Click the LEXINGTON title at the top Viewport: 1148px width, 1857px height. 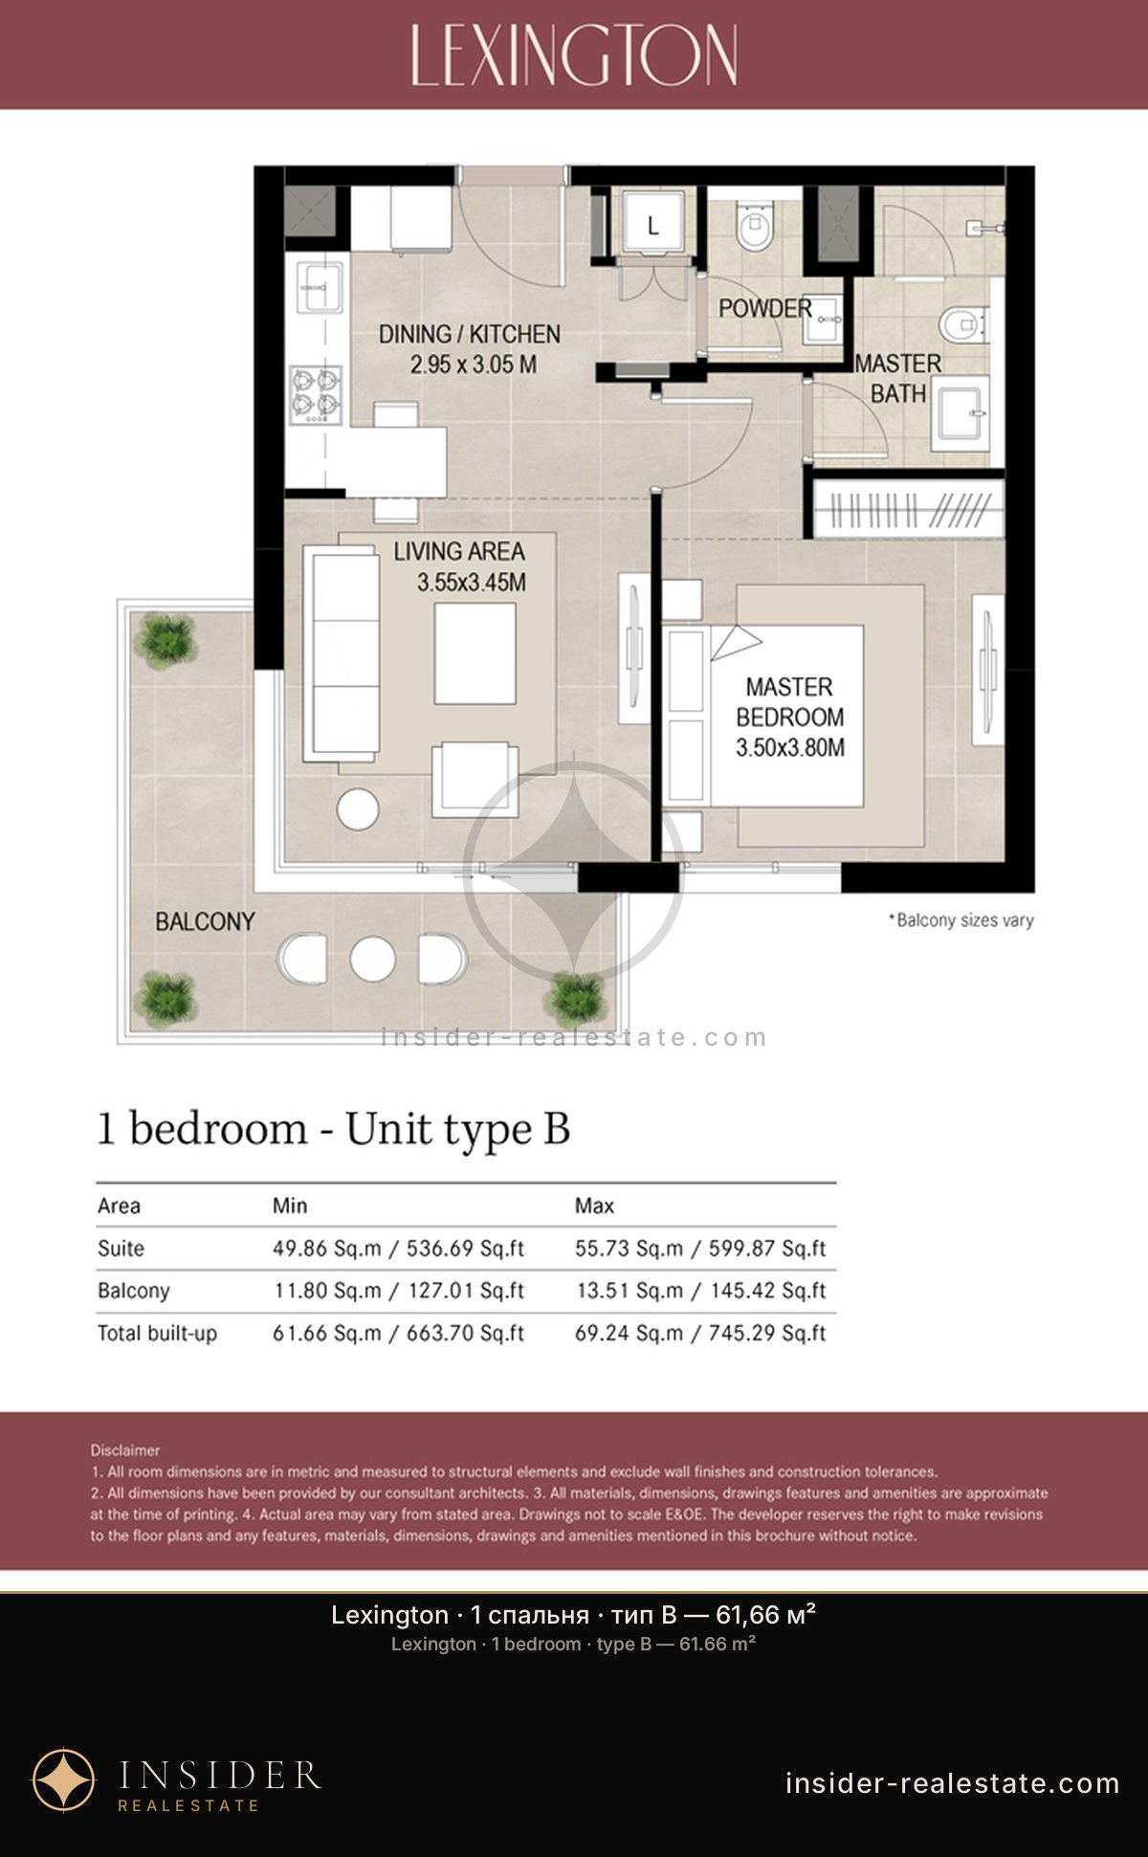tap(574, 55)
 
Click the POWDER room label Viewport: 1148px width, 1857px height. tap(765, 308)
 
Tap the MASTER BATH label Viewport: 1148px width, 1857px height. tap(897, 378)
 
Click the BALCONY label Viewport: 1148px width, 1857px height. tap(205, 921)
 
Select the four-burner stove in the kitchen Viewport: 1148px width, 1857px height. tap(316, 394)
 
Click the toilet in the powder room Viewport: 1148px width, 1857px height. tap(755, 227)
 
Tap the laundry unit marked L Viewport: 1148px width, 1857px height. tap(653, 225)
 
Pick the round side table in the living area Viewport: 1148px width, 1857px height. tap(358, 808)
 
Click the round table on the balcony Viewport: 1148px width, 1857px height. tap(373, 959)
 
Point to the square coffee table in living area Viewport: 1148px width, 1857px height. tap(475, 653)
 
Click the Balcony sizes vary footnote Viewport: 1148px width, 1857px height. tap(960, 920)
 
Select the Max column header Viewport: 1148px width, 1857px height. tap(594, 1205)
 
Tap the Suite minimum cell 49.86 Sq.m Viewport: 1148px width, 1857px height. tap(327, 1249)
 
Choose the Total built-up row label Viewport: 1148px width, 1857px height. tap(157, 1334)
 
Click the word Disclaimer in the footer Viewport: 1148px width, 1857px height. tap(125, 1450)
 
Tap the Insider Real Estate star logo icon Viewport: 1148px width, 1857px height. tap(64, 1780)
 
